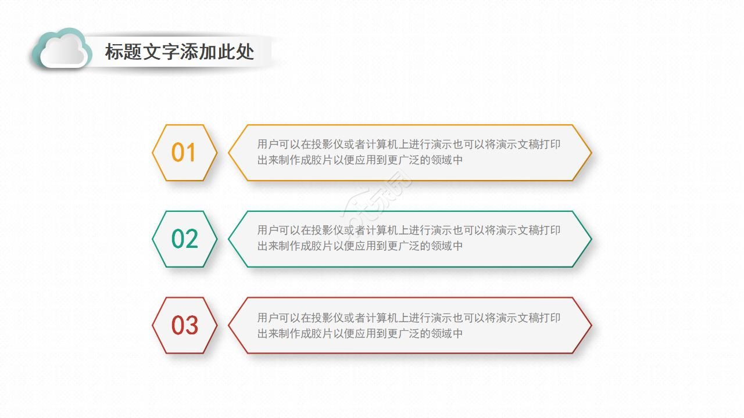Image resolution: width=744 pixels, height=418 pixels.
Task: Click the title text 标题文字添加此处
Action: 179,52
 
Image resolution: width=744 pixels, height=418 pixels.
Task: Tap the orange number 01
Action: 184,153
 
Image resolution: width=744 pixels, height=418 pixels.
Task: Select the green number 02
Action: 184,239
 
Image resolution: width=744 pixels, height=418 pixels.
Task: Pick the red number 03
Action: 184,326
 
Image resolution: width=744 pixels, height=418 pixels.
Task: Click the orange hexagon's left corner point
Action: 153,153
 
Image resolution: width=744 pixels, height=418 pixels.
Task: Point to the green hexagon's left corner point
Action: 153,239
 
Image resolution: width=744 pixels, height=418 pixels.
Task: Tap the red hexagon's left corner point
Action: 153,326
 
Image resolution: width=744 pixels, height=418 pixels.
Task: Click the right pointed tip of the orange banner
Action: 591,153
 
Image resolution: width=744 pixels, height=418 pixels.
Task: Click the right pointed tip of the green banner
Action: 591,239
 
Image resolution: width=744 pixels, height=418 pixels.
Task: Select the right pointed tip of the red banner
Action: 591,326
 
